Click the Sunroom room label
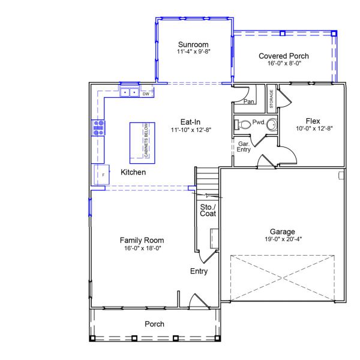point(193,44)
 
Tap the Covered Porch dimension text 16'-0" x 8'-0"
point(284,63)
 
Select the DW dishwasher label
point(146,94)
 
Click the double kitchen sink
point(130,92)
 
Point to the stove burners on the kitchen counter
point(98,128)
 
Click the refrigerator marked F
point(102,175)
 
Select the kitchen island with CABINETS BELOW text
point(142,143)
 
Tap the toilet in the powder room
point(242,124)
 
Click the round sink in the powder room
point(272,125)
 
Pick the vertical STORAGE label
point(271,99)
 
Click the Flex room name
point(313,121)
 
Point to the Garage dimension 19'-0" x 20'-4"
point(283,239)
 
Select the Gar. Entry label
point(244,147)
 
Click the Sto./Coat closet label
point(208,211)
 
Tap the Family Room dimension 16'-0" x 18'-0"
point(143,248)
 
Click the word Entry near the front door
point(199,271)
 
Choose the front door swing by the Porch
point(199,300)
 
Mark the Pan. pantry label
point(249,101)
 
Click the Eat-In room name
point(190,122)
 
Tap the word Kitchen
point(133,172)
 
